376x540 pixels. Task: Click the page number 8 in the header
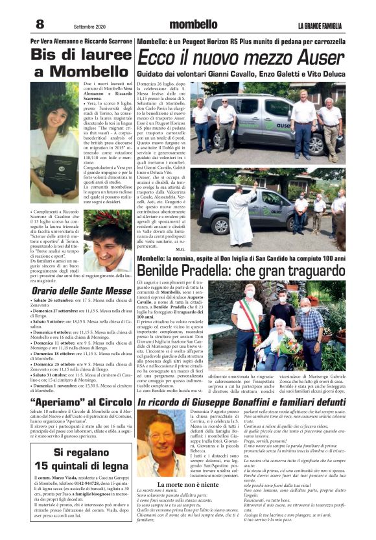tap(40, 24)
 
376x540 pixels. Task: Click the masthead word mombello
tap(193, 25)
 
